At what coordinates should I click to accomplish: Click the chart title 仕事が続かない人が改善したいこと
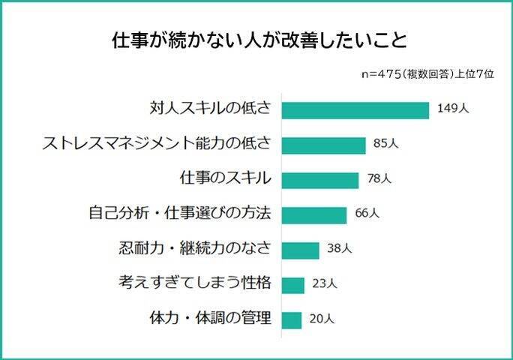256,40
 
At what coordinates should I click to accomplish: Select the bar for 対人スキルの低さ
355,109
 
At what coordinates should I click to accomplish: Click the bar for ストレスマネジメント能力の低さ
323,145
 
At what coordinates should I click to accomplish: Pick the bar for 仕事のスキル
320,180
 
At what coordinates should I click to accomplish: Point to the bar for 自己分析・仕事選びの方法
314,214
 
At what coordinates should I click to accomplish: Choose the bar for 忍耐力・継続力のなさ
301,250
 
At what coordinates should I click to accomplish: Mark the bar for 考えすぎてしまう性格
293,285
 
